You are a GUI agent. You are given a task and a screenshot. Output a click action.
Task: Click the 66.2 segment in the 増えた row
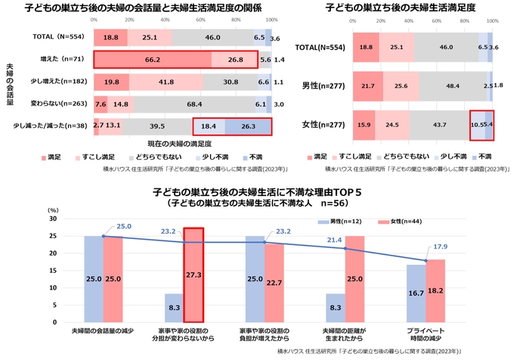click(x=152, y=58)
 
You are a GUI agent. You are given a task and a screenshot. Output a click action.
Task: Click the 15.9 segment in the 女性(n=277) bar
click(x=365, y=124)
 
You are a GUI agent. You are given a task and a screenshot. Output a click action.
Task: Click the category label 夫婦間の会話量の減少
click(x=104, y=331)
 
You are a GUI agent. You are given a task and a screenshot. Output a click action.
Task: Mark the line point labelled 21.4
click(x=345, y=249)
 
